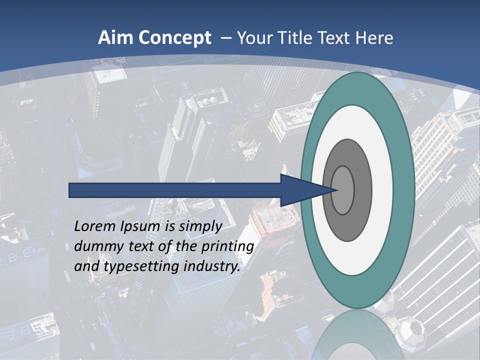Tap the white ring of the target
(x=382, y=190)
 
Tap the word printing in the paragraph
(x=227, y=247)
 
